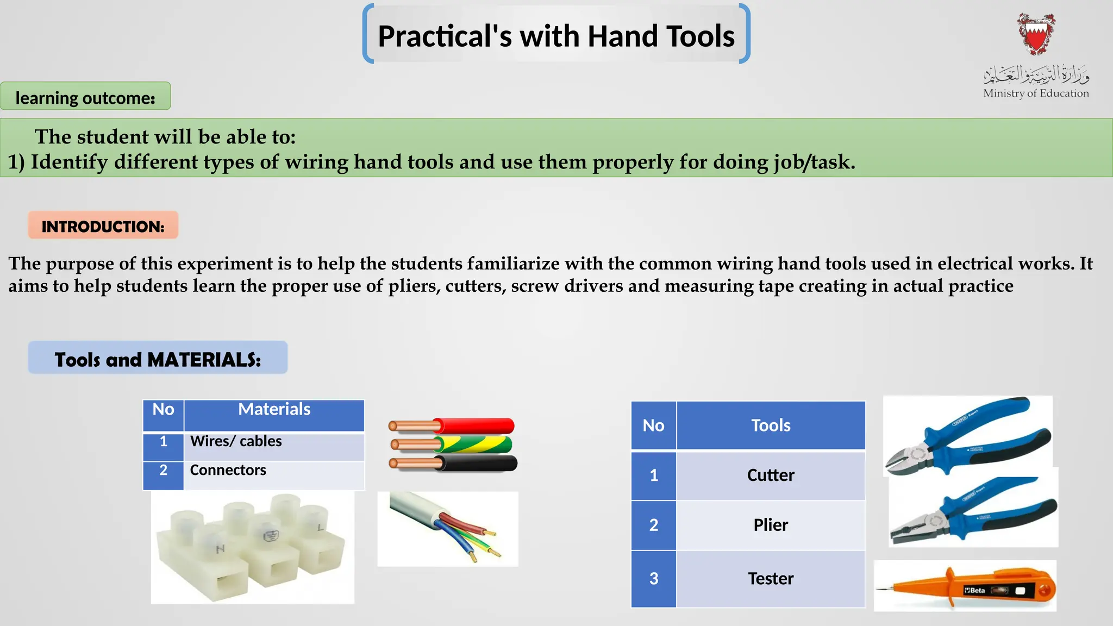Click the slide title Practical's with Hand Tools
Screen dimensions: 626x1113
556,36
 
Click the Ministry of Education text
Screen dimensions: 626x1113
1036,93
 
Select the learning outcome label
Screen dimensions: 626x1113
85,97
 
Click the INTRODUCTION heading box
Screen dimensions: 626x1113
103,226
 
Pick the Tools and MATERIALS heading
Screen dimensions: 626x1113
158,359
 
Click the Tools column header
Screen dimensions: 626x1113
771,425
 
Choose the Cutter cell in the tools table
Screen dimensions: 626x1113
771,475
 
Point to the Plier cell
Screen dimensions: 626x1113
771,525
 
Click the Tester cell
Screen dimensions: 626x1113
771,579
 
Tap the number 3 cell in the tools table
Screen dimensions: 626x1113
654,579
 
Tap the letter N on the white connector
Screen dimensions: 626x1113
220,549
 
